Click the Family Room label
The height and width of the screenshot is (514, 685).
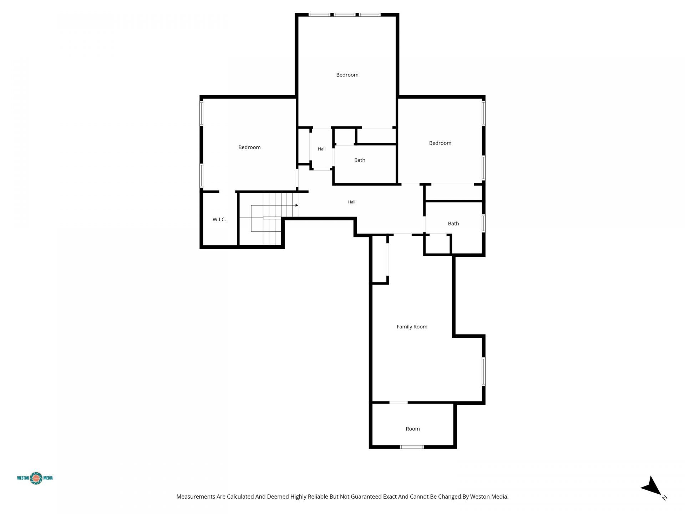[x=412, y=327]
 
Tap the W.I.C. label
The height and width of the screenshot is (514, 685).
[x=219, y=220]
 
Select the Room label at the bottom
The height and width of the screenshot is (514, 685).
[x=412, y=429]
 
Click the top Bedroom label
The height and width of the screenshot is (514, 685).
[x=347, y=75]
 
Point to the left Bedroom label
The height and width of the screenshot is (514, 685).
[x=249, y=147]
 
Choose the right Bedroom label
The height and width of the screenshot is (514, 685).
[x=440, y=143]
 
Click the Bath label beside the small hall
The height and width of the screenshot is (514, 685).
[x=360, y=160]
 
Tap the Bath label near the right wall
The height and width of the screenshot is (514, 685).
[x=453, y=223]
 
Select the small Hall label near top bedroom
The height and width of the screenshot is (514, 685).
[x=321, y=149]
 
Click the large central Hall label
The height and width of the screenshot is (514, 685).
[x=351, y=202]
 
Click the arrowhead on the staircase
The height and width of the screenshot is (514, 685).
[x=296, y=205]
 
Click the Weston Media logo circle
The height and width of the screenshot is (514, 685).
[x=36, y=478]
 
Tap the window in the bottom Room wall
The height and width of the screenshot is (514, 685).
[x=412, y=447]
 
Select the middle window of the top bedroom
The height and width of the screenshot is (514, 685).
[x=345, y=15]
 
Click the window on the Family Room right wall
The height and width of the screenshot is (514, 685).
[x=483, y=372]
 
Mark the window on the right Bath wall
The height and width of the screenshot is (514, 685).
[x=483, y=223]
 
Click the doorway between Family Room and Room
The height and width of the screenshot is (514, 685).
[x=398, y=402]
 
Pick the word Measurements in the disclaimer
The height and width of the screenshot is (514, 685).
[x=196, y=497]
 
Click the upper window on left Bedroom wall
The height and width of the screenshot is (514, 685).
[x=201, y=113]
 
